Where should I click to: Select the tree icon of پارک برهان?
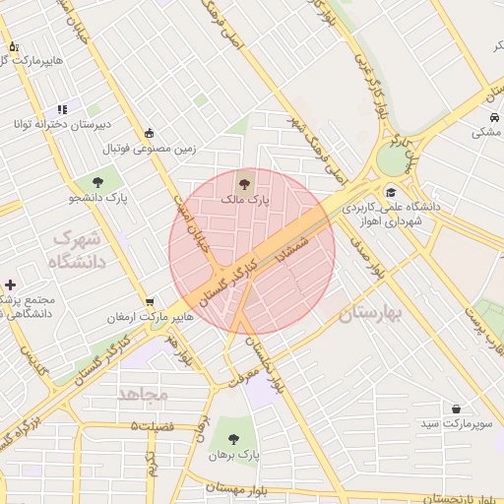(233, 439)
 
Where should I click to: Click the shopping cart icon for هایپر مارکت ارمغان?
(149, 302)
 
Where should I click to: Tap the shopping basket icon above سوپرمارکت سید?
(456, 408)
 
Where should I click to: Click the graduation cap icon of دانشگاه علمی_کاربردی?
(392, 193)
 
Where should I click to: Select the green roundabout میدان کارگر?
(392, 157)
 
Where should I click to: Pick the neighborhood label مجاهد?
(143, 393)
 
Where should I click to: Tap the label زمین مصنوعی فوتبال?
(152, 150)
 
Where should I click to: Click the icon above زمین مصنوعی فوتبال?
(149, 134)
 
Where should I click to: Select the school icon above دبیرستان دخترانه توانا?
(62, 109)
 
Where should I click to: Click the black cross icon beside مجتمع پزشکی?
(10, 284)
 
